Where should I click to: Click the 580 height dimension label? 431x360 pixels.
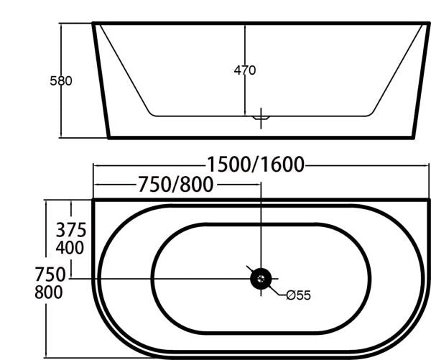pos(61,81)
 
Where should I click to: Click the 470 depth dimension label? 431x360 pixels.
pos(245,70)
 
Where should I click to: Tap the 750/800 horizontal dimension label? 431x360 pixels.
pos(175,185)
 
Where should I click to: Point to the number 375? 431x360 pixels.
pos(71,231)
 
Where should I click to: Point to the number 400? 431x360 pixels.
pos(71,249)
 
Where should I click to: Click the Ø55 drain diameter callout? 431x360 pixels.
pos(297,295)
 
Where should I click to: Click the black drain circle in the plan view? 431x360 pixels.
pos(260,278)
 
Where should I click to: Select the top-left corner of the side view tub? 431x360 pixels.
pos(94,24)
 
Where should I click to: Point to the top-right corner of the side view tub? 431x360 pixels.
pos(428,24)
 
